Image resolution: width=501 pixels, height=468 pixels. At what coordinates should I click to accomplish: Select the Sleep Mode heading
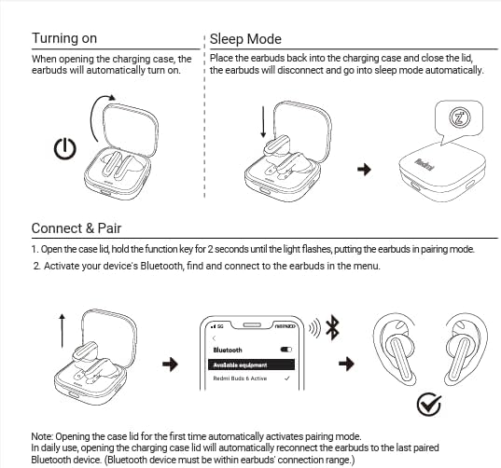[x=245, y=38]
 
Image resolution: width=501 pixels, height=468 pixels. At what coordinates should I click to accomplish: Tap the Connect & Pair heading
[x=77, y=228]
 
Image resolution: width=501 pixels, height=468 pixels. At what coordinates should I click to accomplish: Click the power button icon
[x=63, y=149]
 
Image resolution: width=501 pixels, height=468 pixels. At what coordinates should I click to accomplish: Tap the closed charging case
[x=438, y=172]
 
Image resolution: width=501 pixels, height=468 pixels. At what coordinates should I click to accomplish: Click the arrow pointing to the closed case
[x=365, y=169]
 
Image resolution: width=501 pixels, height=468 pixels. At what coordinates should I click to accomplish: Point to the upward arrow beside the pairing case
[x=61, y=331]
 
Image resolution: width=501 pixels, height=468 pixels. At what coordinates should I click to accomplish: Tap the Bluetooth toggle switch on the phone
[x=286, y=349]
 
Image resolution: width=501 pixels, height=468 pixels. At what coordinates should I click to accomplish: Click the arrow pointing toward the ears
[x=346, y=363]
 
